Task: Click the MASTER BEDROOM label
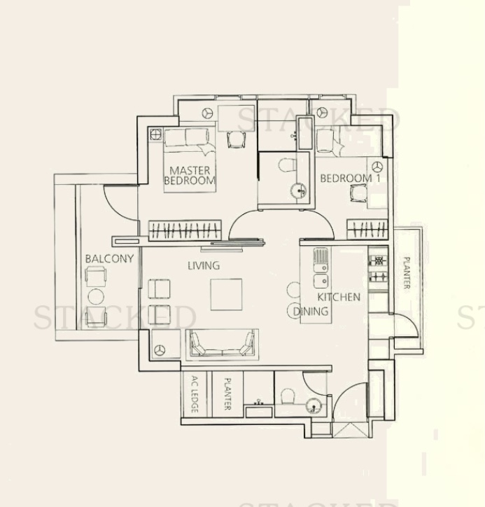(x=189, y=175)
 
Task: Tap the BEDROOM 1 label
(x=346, y=179)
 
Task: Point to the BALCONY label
(x=109, y=259)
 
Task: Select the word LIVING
(x=204, y=266)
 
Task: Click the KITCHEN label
(x=339, y=297)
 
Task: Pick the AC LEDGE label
(x=194, y=395)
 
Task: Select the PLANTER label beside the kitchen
(x=406, y=273)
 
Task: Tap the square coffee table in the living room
(x=226, y=294)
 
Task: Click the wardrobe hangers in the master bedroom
(x=185, y=230)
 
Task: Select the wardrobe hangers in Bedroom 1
(x=366, y=230)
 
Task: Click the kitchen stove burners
(x=378, y=268)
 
